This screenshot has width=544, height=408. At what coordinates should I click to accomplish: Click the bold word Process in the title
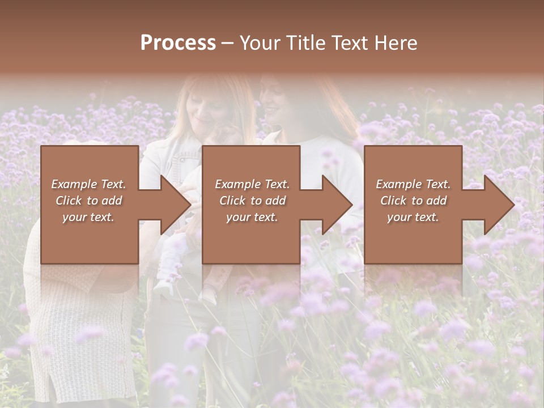point(178,42)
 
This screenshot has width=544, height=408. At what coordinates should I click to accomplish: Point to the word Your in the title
point(258,42)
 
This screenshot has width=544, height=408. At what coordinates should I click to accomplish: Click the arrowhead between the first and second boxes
point(177,205)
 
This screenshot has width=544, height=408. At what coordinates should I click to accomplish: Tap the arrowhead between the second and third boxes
point(338,205)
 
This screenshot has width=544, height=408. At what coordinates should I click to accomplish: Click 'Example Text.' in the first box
point(89,184)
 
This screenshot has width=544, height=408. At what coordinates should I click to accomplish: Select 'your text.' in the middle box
point(252,217)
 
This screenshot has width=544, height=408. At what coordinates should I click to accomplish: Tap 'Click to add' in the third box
point(413,201)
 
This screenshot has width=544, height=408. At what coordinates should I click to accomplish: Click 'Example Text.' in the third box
point(413,184)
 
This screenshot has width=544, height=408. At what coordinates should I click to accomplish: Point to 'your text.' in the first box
point(88,217)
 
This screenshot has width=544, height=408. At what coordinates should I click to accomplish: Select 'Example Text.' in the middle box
point(252,184)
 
